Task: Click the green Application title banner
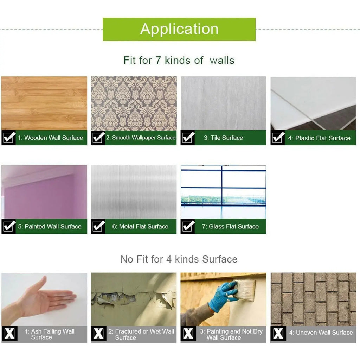coord(179,29)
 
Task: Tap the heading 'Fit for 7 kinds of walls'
coord(179,60)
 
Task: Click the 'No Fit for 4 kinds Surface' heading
coord(179,259)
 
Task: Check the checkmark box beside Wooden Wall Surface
coord(9,138)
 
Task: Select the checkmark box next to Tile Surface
coord(188,138)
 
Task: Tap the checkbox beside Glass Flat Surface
coord(188,226)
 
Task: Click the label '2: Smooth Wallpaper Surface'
coord(141,138)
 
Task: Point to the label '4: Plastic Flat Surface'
coord(319,138)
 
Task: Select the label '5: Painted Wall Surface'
coord(50,226)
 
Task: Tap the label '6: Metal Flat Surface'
coord(140,226)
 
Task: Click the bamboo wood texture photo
coord(44,103)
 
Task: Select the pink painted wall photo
coord(44,192)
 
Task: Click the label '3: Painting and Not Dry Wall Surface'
coord(231,334)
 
